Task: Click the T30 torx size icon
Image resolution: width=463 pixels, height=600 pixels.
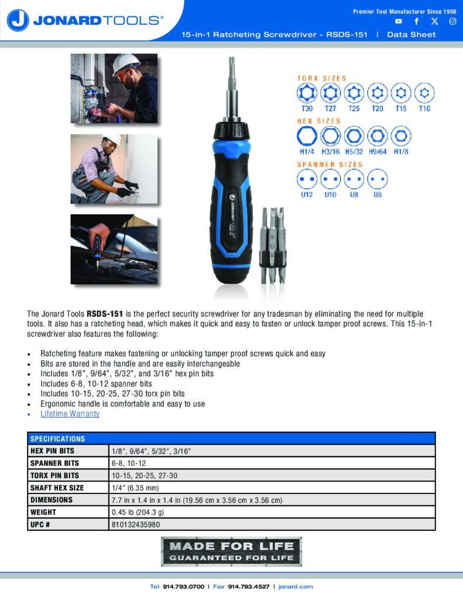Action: [307, 93]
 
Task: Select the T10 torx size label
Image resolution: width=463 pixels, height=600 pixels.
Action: [424, 108]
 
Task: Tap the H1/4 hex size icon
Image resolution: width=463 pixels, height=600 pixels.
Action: [307, 136]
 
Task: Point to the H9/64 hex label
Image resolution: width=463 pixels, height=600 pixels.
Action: [378, 152]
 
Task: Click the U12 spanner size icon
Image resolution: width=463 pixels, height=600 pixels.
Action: [307, 179]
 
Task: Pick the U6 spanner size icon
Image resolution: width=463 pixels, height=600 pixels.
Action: [378, 179]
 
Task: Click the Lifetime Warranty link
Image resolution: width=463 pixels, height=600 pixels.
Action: [70, 414]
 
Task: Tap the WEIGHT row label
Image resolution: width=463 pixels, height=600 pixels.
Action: [43, 512]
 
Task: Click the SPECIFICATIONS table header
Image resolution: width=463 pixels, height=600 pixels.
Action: [58, 439]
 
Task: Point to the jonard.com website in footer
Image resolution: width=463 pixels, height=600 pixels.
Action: [296, 587]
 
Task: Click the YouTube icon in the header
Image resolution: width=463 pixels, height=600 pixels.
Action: [399, 22]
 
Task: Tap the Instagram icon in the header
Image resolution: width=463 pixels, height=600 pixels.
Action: [452, 22]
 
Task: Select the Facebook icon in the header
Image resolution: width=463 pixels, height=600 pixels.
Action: [417, 22]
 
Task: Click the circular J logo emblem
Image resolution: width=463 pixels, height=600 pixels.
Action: [18, 21]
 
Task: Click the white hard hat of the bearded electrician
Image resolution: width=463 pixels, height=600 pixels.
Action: [125, 63]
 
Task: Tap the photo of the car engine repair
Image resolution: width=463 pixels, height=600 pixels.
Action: [114, 249]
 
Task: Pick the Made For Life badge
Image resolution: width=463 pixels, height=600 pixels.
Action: [231, 551]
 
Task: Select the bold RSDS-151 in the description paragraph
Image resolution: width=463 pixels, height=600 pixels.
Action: [105, 314]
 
